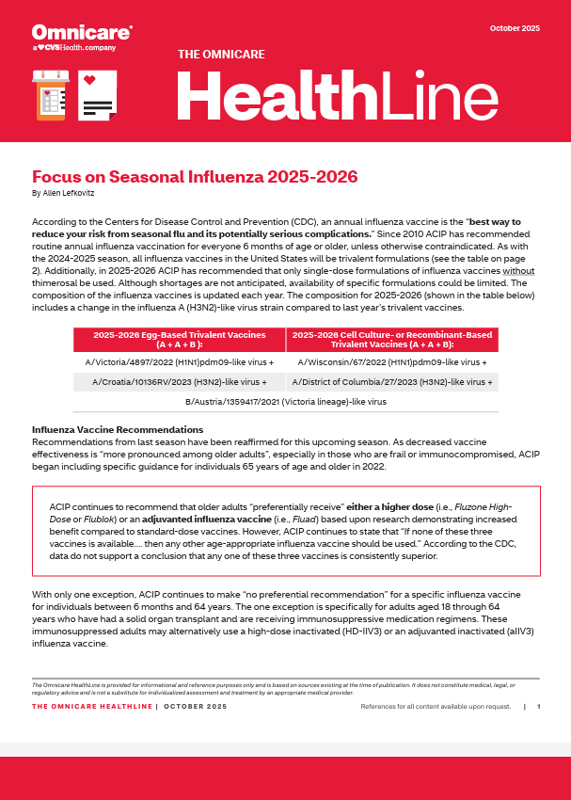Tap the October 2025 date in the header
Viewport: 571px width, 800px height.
515,28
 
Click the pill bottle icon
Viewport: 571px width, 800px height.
50,94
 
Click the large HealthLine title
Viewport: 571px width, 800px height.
337,96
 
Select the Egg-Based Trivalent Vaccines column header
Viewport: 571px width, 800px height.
179,339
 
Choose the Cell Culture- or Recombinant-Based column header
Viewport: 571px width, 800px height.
392,339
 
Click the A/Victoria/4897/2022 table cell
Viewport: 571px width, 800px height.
179,361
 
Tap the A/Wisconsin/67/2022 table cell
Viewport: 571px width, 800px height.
392,361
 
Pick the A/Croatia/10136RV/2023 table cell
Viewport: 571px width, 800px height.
179,382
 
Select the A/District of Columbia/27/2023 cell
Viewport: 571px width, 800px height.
392,382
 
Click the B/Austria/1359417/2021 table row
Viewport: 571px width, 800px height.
286,402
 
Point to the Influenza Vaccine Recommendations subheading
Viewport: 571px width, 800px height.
105,430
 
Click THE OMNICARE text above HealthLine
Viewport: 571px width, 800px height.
221,55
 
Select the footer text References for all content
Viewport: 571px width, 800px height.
436,706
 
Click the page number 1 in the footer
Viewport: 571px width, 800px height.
539,706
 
